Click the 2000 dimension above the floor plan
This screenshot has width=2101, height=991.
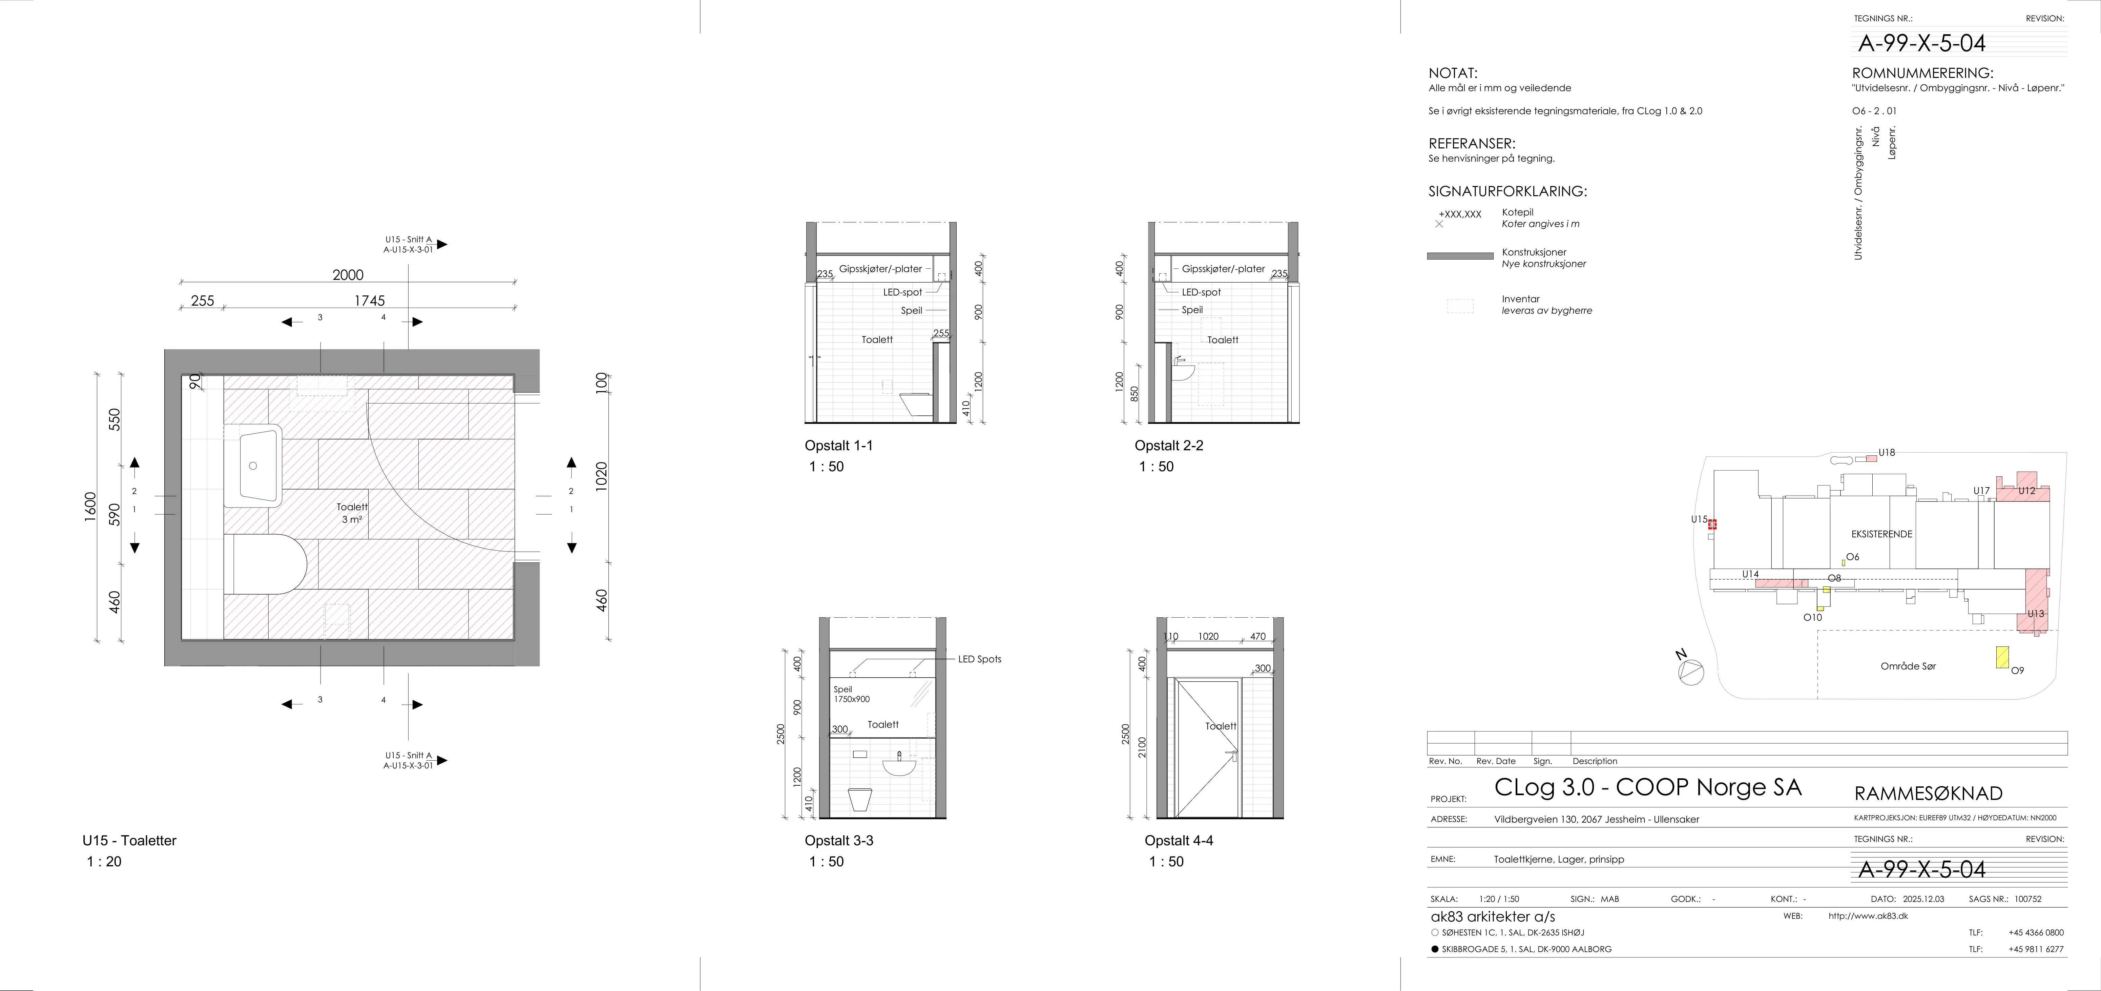[348, 275]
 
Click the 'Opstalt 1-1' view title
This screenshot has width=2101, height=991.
[838, 445]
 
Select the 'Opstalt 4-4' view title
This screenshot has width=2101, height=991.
[1179, 840]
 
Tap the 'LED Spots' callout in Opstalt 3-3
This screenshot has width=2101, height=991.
[980, 659]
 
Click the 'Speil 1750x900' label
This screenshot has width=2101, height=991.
[852, 694]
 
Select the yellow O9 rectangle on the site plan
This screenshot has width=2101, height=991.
[2001, 657]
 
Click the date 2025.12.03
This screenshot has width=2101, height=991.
[1923, 899]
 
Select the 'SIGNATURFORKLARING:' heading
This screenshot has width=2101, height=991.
[1507, 192]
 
